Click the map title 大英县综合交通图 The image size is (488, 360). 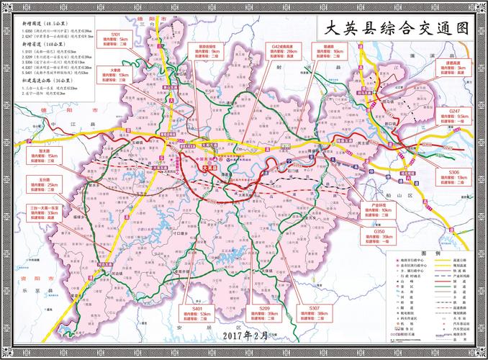click(396, 29)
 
